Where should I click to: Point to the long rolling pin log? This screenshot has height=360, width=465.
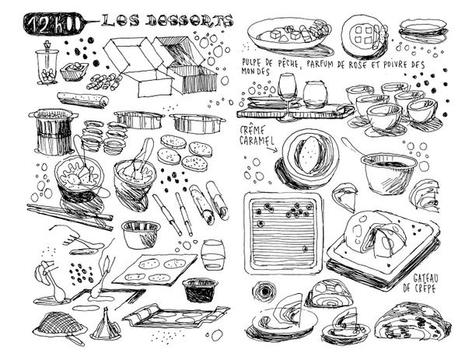tap(82, 100)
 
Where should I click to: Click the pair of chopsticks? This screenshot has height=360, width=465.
tap(55, 217)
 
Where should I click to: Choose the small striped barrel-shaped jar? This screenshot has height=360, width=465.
tap(212, 254)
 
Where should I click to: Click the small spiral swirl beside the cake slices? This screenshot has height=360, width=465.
tap(264, 293)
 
